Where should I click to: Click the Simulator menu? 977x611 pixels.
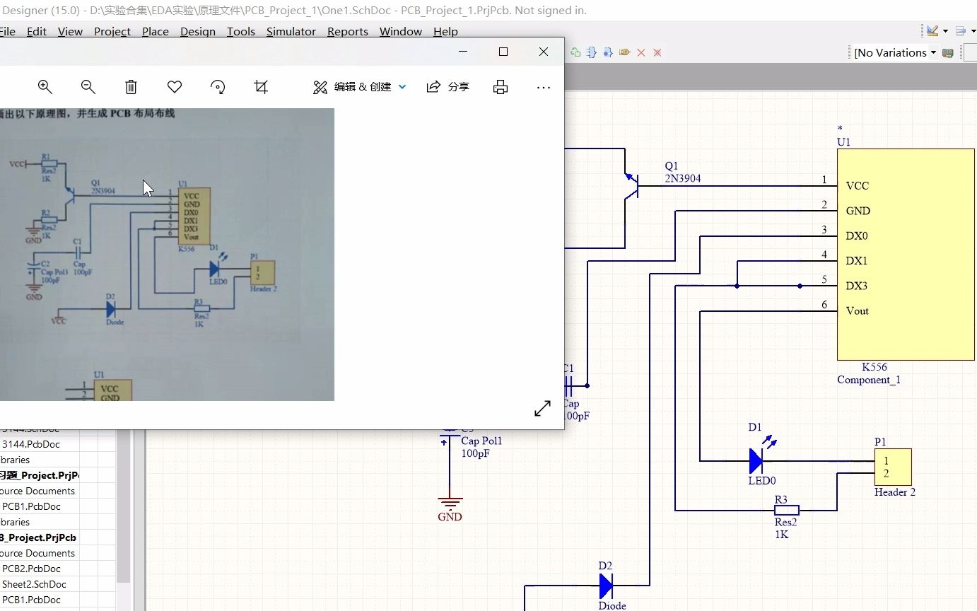click(291, 32)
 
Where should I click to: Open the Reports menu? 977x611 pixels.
click(347, 32)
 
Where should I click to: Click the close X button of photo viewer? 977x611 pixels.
click(543, 52)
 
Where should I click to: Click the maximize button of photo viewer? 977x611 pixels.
click(503, 52)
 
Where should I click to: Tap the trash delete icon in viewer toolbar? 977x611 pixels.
click(131, 87)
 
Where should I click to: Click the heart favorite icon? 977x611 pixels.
click(175, 87)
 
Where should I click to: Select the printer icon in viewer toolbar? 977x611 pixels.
click(501, 87)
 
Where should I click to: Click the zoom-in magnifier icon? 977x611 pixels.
click(45, 87)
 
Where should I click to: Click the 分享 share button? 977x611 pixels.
click(448, 87)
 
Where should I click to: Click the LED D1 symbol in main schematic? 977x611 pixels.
click(756, 461)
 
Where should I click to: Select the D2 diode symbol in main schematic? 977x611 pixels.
click(606, 586)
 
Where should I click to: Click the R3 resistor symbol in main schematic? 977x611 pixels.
click(786, 510)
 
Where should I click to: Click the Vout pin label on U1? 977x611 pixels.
click(857, 311)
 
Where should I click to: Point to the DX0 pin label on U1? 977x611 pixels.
click(857, 236)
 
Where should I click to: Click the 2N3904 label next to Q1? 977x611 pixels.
click(682, 179)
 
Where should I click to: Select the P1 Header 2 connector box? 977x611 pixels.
click(892, 467)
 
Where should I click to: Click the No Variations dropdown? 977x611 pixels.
click(894, 52)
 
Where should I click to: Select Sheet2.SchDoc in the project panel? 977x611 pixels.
click(34, 584)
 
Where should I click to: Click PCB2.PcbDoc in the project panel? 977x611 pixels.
click(31, 569)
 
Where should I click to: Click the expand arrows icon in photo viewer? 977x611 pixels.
click(542, 409)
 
